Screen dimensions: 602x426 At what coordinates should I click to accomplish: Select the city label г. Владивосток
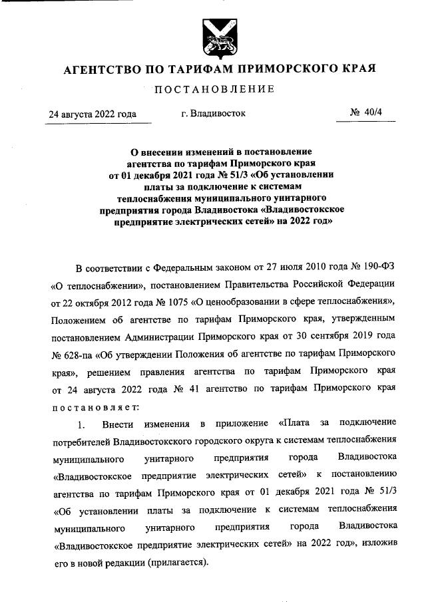coord(213,114)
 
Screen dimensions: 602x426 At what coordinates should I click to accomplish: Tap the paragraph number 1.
coord(81,424)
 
